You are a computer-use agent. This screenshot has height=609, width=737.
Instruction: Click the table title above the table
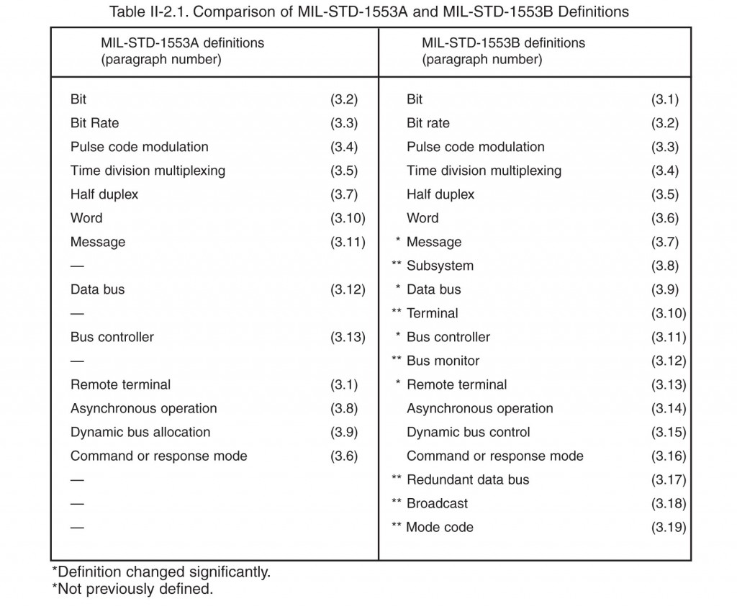(x=368, y=12)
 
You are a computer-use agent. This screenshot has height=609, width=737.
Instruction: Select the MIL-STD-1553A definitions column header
(x=182, y=51)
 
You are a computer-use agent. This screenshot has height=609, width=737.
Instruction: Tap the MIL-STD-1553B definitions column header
(x=503, y=51)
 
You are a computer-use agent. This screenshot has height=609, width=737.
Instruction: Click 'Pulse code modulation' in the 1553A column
(x=139, y=147)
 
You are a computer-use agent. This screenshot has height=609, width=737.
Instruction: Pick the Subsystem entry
(x=440, y=266)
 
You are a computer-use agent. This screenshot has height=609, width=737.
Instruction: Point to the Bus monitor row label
(x=443, y=361)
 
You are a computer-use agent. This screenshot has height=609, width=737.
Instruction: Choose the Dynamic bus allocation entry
(x=140, y=432)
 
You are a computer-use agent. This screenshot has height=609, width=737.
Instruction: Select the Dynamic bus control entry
(x=468, y=432)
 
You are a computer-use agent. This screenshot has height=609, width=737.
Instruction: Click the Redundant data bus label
(x=467, y=479)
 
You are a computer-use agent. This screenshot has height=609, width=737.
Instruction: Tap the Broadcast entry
(x=437, y=503)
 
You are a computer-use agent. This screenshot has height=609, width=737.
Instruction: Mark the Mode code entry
(x=440, y=527)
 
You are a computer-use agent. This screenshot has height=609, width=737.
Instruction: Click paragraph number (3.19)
(x=669, y=527)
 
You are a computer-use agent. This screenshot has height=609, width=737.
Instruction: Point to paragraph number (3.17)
(x=669, y=479)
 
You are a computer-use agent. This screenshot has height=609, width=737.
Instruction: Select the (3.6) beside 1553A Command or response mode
(x=344, y=456)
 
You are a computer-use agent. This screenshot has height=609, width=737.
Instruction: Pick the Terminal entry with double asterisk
(x=432, y=313)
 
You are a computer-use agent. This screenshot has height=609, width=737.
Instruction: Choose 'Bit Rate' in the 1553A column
(x=94, y=123)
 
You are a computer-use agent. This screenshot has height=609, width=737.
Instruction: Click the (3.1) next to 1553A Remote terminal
(x=344, y=384)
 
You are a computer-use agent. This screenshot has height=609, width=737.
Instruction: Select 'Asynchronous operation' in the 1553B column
(x=479, y=408)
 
